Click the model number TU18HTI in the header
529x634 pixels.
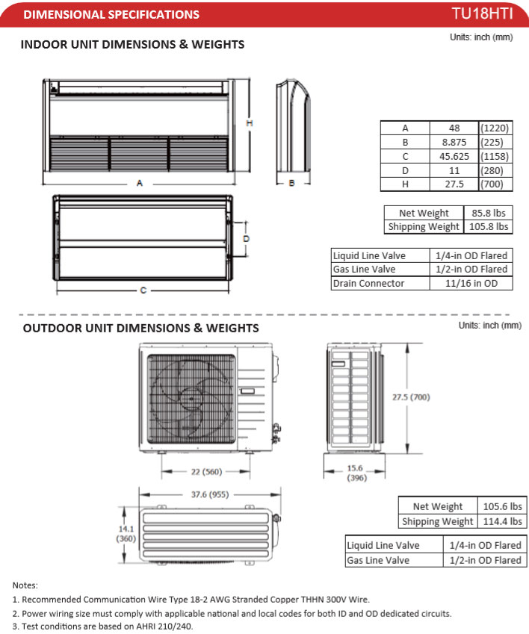click(x=486, y=14)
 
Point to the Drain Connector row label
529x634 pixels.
click(x=368, y=283)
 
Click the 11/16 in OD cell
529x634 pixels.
click(x=472, y=283)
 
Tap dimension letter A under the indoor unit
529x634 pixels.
click(x=140, y=184)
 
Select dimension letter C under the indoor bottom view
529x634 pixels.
click(x=143, y=290)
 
